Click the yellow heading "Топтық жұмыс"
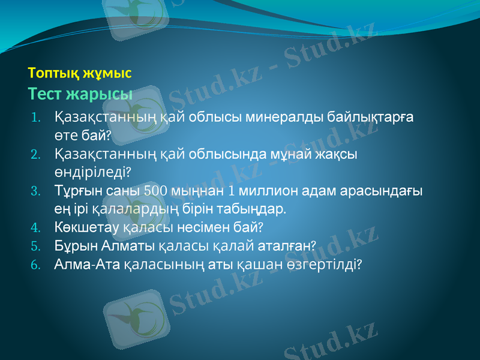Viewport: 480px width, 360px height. click(x=80, y=73)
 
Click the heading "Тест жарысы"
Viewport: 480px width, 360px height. click(x=80, y=94)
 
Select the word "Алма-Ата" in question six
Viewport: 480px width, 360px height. click(x=86, y=264)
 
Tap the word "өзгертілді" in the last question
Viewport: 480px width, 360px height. click(x=323, y=264)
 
